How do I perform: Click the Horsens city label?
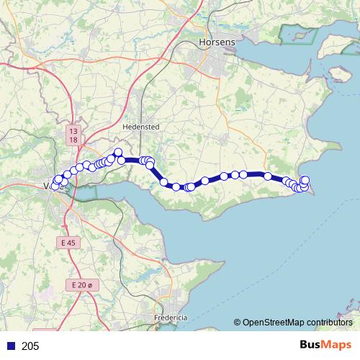[x=216, y=43]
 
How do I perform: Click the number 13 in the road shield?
[x=73, y=131]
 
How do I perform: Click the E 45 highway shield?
[x=68, y=243]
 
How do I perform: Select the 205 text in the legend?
[x=31, y=346]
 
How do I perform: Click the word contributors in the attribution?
[x=330, y=323]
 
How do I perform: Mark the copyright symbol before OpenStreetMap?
[x=237, y=323]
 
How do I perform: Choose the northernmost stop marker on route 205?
[x=118, y=152]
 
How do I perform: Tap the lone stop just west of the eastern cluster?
[x=267, y=176]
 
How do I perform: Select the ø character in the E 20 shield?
[x=90, y=285]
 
